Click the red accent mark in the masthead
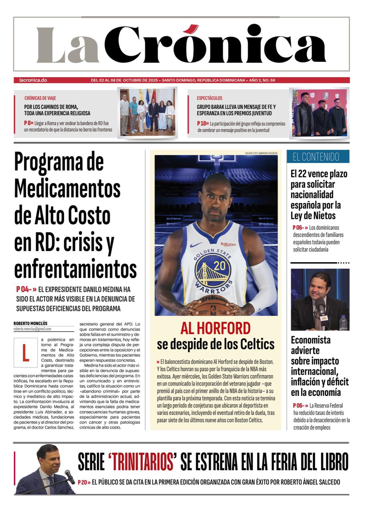tap(192, 29)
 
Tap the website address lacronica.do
tap(33, 80)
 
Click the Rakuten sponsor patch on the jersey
tap(228, 244)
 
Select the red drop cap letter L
tap(25, 353)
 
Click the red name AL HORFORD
tap(216, 328)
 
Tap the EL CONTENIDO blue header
tap(318, 157)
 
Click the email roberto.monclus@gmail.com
tap(32, 329)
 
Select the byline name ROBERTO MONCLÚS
tap(31, 323)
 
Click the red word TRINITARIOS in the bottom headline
tap(143, 462)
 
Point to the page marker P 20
tap(83, 482)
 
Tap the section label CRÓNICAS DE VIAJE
tap(40, 98)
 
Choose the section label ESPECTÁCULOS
tap(209, 98)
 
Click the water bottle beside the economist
tap(343, 322)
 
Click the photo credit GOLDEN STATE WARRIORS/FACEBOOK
tap(261, 153)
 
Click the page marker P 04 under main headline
tap(25, 289)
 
